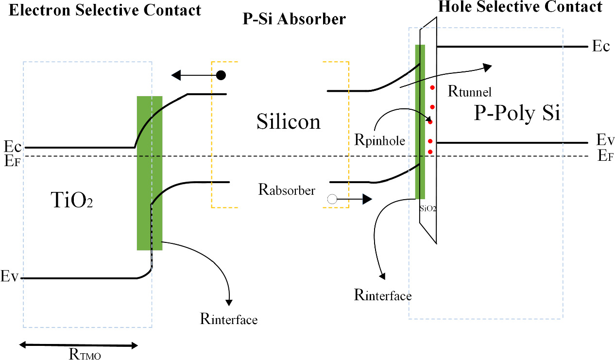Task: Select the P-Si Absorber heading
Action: point(294,19)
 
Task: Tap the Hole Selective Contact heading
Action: point(520,7)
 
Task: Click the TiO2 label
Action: point(71,200)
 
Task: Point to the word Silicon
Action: point(289,121)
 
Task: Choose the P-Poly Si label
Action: point(517,114)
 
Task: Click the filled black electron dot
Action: point(221,75)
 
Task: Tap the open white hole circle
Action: point(332,199)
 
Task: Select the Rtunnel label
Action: point(470,91)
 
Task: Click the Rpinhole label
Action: point(380,141)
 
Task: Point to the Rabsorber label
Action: point(287,190)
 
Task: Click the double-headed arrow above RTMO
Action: point(78,345)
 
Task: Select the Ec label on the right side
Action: point(600,47)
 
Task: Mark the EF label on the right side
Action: point(603,156)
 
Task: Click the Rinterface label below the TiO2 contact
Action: point(228,319)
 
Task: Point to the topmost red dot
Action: point(432,87)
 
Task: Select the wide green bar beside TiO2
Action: point(149,173)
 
